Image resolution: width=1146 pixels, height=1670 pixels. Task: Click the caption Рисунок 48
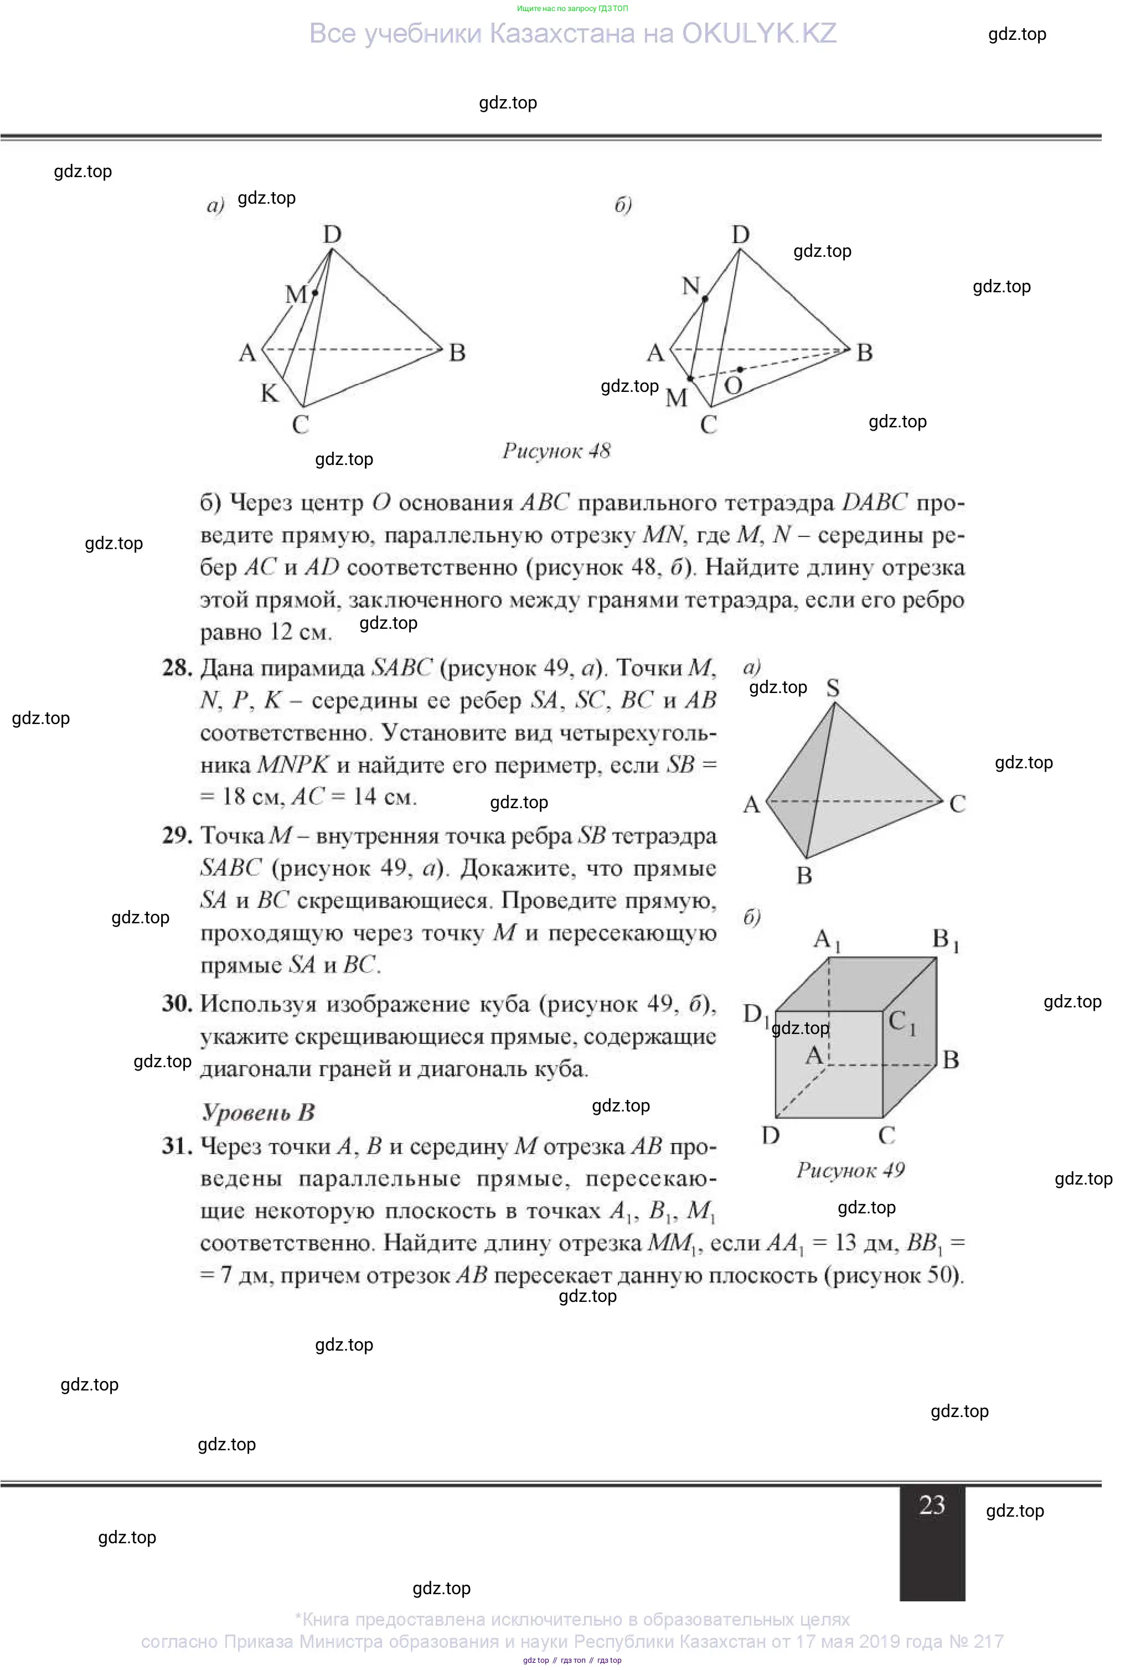point(556,451)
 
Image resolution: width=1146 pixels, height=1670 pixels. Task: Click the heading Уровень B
point(258,1113)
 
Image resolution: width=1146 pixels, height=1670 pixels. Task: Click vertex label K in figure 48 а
point(270,393)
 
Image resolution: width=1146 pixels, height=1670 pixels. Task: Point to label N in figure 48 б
point(690,286)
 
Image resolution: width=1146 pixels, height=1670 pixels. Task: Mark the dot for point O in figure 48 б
point(740,369)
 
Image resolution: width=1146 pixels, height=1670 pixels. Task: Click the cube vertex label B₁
point(944,940)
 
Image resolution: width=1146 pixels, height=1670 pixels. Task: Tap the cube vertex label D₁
point(755,1014)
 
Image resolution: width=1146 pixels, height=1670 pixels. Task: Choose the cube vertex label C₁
point(901,1021)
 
